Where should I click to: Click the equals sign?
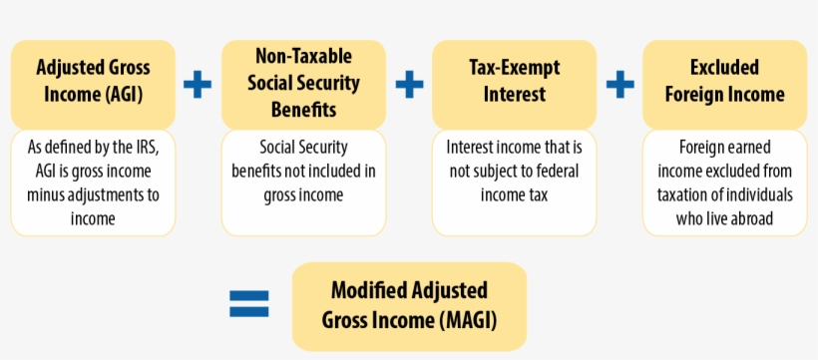click(249, 304)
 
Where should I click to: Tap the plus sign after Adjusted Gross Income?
click(198, 84)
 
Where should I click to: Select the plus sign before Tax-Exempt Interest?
click(409, 84)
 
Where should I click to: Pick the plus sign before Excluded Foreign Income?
click(620, 84)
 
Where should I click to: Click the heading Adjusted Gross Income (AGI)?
click(93, 81)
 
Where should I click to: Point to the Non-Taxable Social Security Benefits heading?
click(303, 82)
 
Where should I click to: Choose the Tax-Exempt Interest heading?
click(515, 81)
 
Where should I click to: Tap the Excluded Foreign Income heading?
click(724, 81)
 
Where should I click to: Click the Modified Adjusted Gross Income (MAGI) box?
click(409, 305)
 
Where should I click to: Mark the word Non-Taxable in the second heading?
click(303, 56)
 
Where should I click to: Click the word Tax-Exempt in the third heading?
click(515, 68)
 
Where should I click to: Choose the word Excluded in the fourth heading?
click(724, 68)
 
